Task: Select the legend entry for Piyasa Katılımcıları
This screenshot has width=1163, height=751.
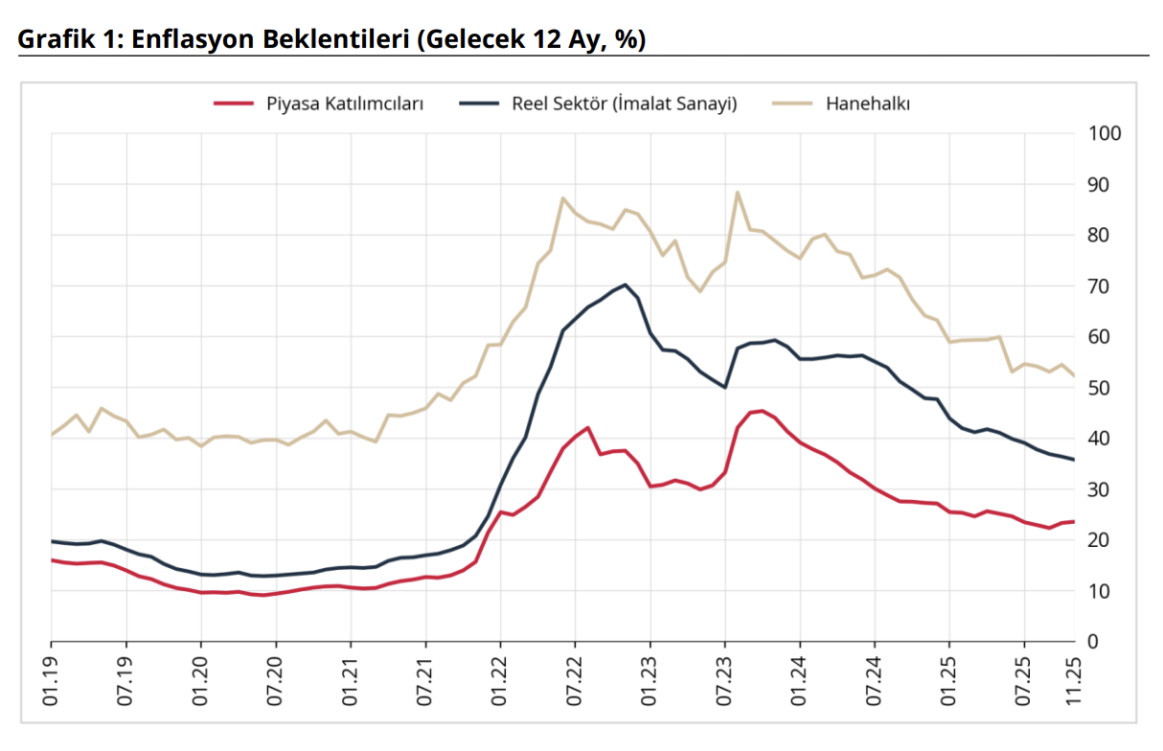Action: click(345, 103)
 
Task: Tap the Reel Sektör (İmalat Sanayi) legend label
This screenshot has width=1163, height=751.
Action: click(625, 103)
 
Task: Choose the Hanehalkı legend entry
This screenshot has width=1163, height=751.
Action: click(868, 103)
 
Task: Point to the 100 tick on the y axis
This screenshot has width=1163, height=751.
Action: click(1105, 133)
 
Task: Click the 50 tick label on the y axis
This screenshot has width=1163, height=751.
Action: click(1100, 388)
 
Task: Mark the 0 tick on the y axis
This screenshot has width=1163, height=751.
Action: click(1094, 642)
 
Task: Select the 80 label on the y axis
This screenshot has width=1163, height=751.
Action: click(1100, 235)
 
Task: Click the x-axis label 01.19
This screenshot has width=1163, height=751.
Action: click(51, 683)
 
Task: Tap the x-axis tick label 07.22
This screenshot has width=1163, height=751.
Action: click(575, 683)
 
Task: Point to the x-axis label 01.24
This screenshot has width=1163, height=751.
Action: click(800, 683)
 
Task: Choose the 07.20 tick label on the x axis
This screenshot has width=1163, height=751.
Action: click(276, 683)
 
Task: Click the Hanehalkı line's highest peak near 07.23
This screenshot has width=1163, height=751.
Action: click(738, 192)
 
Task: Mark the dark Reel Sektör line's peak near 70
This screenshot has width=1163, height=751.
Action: click(625, 284)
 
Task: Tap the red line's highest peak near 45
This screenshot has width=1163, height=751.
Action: click(762, 411)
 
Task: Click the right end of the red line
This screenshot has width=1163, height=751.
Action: click(1074, 521)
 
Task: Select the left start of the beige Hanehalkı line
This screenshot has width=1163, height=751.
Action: click(52, 435)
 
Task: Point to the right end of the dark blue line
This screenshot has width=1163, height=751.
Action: click(1074, 460)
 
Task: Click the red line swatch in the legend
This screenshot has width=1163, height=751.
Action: click(233, 103)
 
